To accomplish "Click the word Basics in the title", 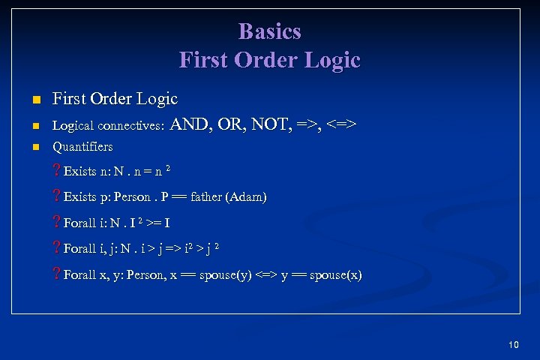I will pos(269,31).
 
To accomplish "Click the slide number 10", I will pos(513,344).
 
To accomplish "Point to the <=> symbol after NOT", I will pos(342,124).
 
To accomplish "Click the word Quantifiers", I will pos(82,146).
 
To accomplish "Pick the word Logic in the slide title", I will pos(328,59).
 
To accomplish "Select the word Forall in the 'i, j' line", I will pos(80,249).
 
